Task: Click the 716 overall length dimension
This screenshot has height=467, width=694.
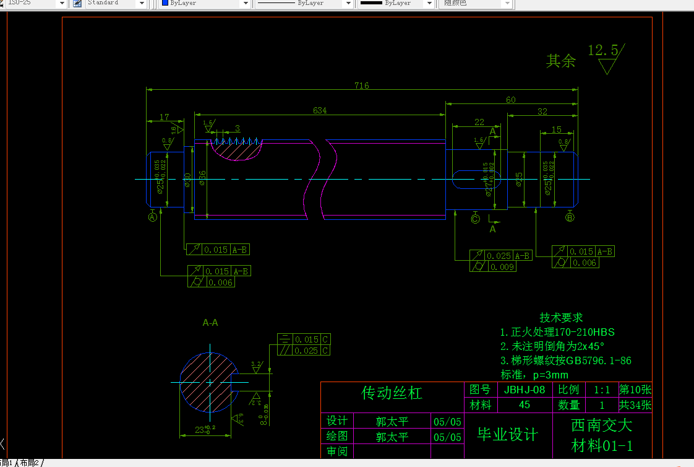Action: point(362,85)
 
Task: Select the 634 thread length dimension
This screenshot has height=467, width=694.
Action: point(320,110)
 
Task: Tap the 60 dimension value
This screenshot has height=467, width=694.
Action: point(511,100)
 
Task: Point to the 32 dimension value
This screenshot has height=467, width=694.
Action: point(542,111)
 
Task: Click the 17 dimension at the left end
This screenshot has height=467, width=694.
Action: point(164,116)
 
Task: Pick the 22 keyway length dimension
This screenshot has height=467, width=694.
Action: point(479,122)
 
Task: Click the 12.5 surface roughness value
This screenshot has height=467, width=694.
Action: point(602,50)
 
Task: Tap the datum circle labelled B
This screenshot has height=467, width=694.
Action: point(570,217)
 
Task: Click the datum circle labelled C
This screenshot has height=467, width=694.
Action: point(475,218)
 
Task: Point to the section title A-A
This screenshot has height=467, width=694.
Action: point(210,323)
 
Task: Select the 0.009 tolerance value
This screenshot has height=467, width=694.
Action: point(502,267)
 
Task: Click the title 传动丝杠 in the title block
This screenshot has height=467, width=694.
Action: point(392,393)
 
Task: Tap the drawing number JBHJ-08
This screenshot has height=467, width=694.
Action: point(525,390)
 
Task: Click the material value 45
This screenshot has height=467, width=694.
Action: point(525,405)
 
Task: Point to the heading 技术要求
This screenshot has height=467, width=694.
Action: point(561,318)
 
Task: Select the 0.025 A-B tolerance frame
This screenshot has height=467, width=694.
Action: point(500,256)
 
